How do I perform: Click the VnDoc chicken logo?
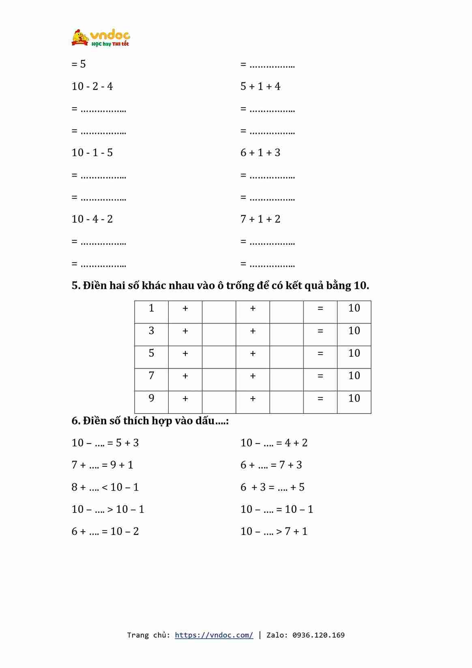[80, 37]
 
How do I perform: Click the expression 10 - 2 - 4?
[92, 86]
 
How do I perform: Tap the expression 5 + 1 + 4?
[260, 86]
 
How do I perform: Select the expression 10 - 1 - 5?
[92, 153]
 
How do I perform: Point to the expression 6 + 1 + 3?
[260, 153]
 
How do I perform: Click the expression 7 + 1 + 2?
[260, 219]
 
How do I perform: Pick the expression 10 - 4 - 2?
[92, 219]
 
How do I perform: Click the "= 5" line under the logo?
[79, 64]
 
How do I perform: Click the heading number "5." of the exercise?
[76, 286]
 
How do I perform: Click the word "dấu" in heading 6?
[205, 421]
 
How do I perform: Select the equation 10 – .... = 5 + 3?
[105, 443]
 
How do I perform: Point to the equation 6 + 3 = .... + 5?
[272, 487]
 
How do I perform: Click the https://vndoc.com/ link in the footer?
[214, 635]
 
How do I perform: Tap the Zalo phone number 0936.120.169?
[318, 635]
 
